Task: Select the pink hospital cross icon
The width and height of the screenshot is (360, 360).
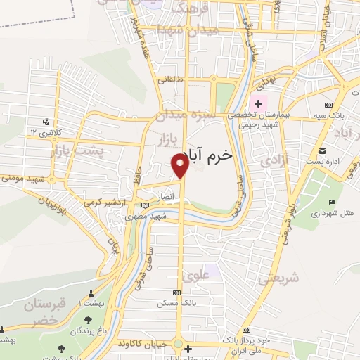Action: click(257, 104)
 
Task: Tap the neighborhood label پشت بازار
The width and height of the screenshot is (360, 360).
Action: click(77, 149)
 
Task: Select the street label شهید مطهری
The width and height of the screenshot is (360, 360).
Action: click(145, 217)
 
